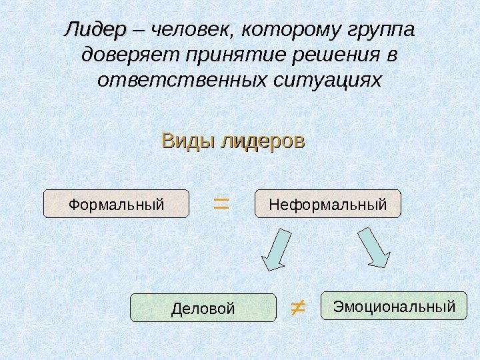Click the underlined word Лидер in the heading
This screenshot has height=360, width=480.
pos(94,31)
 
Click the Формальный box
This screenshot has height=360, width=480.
pos(117,204)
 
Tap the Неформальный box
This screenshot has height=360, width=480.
pos(328,204)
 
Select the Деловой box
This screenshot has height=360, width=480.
pos(203,308)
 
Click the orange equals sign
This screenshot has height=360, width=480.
pos(220,203)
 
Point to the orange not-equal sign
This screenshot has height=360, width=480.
pos(297,307)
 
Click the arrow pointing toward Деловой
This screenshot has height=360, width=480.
pos(275,250)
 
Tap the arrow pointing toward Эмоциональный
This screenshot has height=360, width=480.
pos(375,248)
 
